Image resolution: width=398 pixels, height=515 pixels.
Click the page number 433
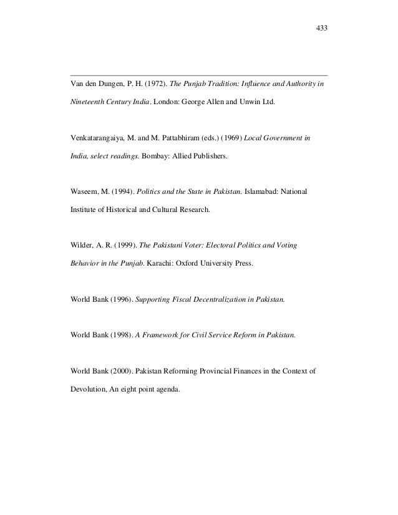click(322, 28)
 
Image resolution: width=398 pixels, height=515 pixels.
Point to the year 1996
click(120, 299)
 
